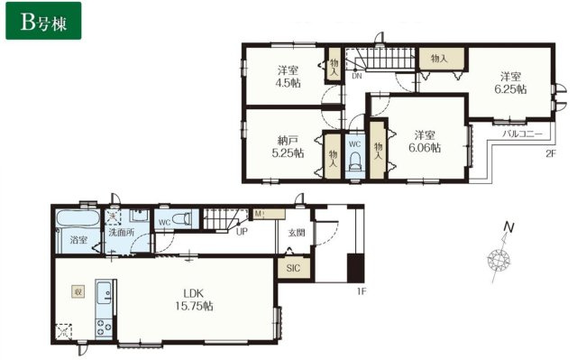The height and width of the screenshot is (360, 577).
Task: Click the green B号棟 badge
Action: pos(43,21)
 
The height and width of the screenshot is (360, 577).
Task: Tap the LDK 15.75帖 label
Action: pos(195,300)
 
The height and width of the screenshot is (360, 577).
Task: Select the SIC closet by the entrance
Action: pos(294,268)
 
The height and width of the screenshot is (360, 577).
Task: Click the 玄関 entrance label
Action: pos(297,233)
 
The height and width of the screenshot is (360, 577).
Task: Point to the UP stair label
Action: pos(242,232)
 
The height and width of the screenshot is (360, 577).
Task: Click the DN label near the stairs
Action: pos(357,77)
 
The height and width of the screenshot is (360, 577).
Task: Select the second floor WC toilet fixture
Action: pos(354,162)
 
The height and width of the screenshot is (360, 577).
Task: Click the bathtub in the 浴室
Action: pos(78,219)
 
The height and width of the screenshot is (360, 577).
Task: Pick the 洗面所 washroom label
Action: pos(121,233)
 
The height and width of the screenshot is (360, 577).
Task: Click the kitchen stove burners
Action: pos(104,328)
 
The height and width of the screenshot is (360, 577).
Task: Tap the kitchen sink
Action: pos(104,292)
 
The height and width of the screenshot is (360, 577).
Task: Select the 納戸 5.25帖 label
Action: pos(288,146)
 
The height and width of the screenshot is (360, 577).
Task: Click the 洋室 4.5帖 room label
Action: pos(288,76)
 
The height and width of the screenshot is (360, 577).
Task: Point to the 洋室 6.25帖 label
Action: pos(510,83)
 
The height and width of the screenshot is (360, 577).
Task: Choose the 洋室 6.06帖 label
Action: pos(425,141)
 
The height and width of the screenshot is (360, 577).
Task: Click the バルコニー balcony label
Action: pos(523,134)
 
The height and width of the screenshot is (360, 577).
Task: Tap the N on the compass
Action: pos(508,227)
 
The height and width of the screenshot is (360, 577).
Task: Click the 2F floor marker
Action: pos(550,154)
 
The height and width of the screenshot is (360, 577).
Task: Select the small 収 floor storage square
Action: pos(78,292)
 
